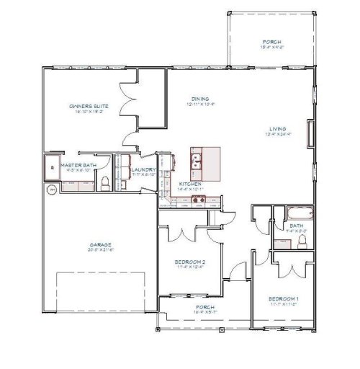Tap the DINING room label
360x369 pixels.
200,99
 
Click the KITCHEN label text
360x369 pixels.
190,184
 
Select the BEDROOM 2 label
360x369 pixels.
191,261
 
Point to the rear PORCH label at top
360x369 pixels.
271,42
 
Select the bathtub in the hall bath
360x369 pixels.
297,213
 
